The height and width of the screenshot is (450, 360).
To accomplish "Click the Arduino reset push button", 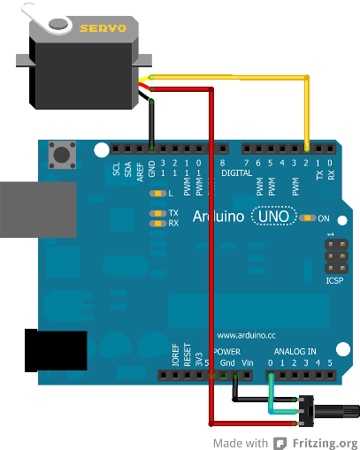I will point(63,156).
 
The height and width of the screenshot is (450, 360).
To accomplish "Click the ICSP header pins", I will point(335,256).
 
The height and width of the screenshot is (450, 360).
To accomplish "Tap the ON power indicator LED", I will point(307,217).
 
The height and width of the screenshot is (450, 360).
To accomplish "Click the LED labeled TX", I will point(159,213).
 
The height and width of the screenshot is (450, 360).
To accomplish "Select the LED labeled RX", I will point(159,224).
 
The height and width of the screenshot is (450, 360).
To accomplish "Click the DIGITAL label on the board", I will point(237,174).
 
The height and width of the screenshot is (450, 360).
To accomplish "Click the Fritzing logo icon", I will point(280,443).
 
